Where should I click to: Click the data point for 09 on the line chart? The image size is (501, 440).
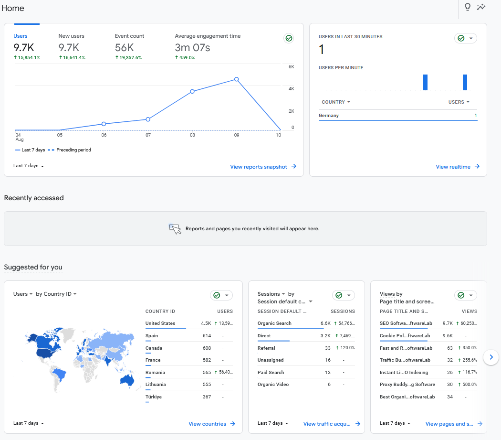point(237,79)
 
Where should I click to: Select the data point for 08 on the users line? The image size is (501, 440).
point(192,91)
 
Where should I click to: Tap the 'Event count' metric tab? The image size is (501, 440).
point(129,36)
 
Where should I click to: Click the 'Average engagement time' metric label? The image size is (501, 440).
point(208,36)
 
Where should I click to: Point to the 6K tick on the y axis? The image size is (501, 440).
point(291,67)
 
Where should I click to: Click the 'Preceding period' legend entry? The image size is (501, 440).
point(73,150)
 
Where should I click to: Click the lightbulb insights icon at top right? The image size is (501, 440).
point(468,7)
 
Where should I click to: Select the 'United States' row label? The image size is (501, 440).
point(160,323)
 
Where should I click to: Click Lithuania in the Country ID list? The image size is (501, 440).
point(156,385)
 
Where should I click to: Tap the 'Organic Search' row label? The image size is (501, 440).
point(274,323)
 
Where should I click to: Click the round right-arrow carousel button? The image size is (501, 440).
point(491,357)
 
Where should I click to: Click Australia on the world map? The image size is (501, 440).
point(127,381)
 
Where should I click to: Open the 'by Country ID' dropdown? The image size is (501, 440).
point(56,294)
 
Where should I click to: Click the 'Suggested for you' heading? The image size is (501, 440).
point(33,267)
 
